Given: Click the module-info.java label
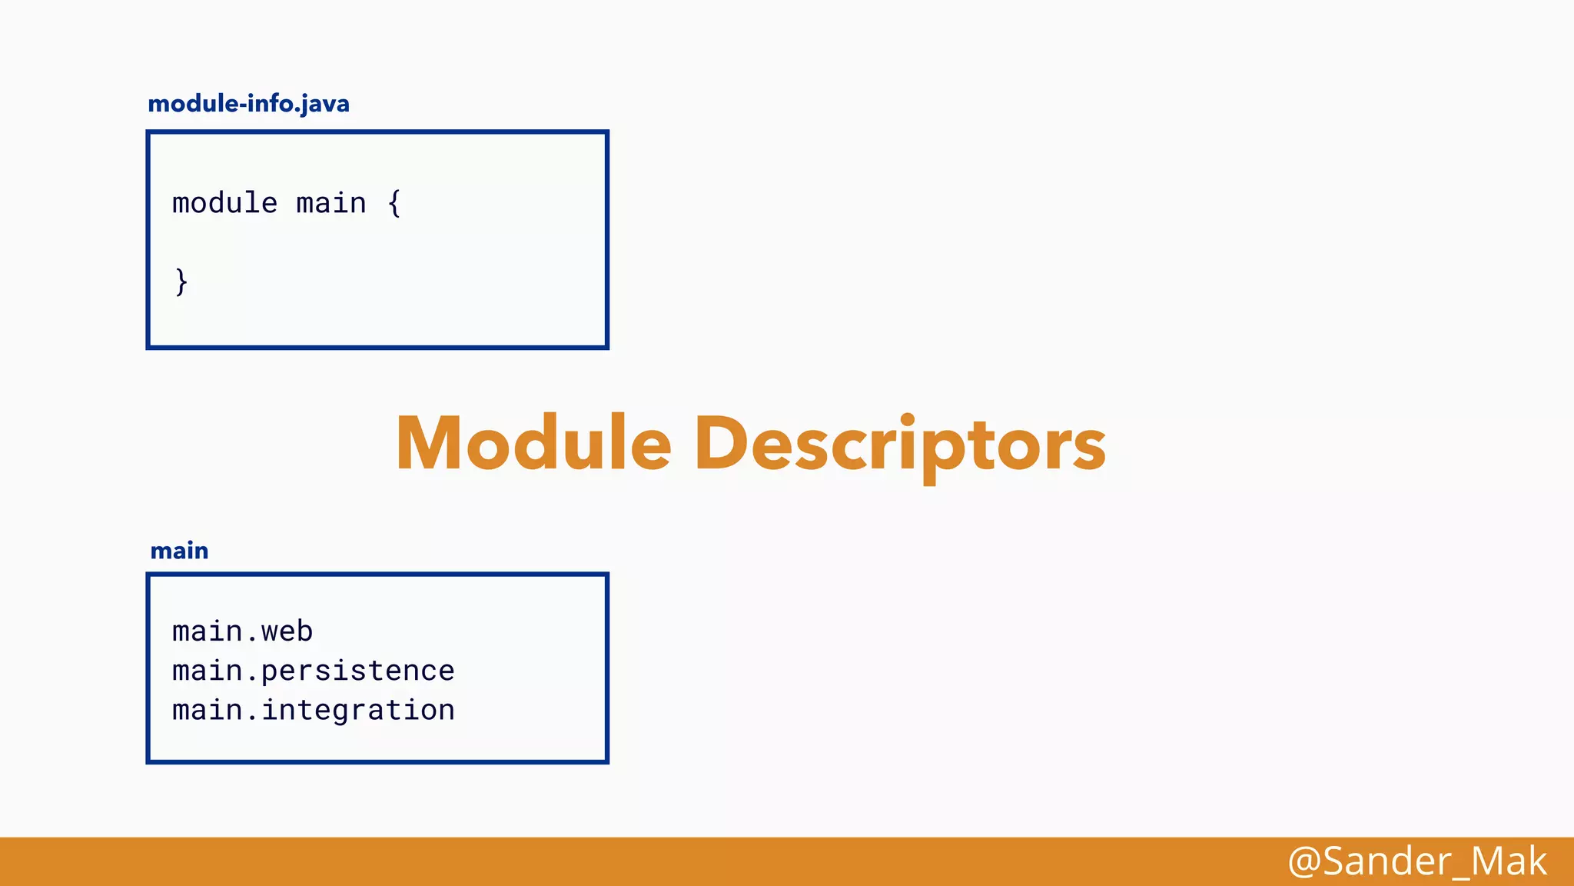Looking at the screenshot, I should click(248, 104).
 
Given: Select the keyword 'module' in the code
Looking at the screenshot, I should click(224, 204).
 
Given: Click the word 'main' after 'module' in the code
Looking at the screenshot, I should click(331, 204).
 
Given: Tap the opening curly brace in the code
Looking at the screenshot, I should click(394, 204).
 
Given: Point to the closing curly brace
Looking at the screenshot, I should click(181, 281).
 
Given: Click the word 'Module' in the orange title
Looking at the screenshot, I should click(533, 444).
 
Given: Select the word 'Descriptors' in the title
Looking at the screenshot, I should click(900, 445).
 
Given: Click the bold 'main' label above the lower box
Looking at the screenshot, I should click(179, 551).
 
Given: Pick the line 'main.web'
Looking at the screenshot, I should click(242, 631).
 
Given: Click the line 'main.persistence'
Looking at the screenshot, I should click(313, 671).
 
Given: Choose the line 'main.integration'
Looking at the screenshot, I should click(313, 710).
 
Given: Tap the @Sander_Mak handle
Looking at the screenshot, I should click(1416, 861).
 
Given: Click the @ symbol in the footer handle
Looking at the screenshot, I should click(1303, 861).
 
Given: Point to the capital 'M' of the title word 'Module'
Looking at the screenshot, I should click(430, 444).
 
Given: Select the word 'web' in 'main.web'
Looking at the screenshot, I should click(287, 631).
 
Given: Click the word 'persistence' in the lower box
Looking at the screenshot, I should click(357, 671).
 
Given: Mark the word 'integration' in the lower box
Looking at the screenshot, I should click(357, 711).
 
